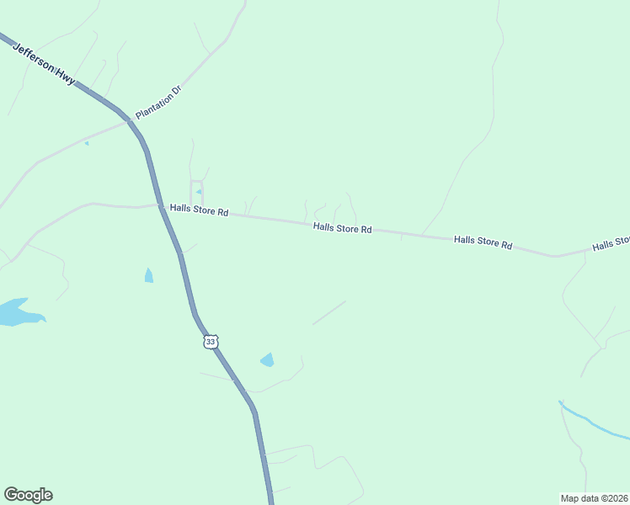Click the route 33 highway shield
coord(211,341)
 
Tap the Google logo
coord(28,495)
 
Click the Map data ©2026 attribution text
coord(594,497)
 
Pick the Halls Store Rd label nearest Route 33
coord(199,210)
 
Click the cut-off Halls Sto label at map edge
coord(611,244)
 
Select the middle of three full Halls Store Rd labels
coord(343,228)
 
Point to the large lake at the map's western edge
coord(17,313)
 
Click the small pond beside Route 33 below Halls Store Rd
coord(149,275)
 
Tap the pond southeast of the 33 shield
coord(268,360)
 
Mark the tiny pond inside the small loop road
coord(198,192)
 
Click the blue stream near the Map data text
coord(594,423)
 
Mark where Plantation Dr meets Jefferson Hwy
coord(131,121)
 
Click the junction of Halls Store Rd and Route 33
coord(160,205)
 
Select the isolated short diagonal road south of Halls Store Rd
coord(329,312)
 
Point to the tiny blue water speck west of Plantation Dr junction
coord(86,143)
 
